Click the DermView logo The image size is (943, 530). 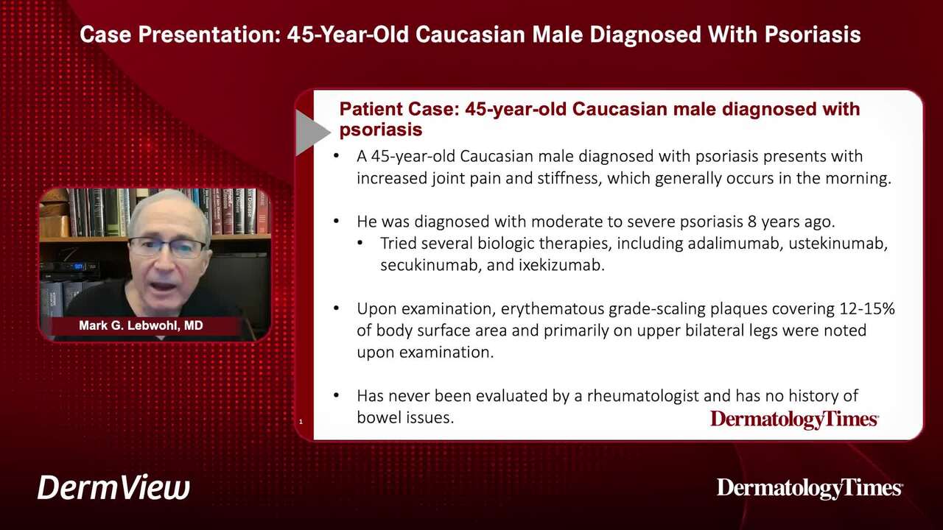(x=113, y=487)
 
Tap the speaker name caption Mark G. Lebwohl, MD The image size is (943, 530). (x=141, y=325)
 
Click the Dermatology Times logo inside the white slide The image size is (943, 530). (x=794, y=420)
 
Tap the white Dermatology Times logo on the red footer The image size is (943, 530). (x=810, y=489)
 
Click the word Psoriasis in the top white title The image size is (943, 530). (x=813, y=35)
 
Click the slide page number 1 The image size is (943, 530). (x=301, y=422)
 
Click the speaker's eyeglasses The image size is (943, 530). (x=167, y=248)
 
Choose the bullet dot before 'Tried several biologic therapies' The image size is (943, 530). (x=360, y=243)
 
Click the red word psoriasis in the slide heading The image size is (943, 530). (x=381, y=130)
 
